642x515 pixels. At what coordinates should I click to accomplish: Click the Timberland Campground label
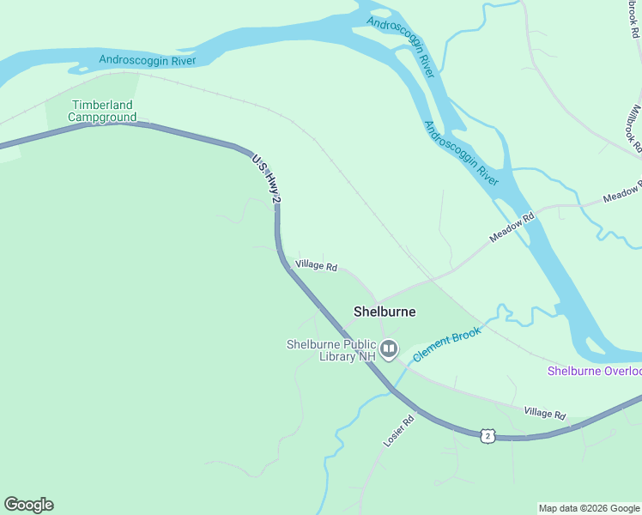[x=102, y=111]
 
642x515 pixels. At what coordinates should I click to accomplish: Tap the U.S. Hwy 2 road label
[x=266, y=179]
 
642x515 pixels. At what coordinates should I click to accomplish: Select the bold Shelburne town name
[x=385, y=312]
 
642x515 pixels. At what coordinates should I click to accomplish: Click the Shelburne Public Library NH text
[x=331, y=350]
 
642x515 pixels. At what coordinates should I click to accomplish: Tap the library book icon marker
[x=389, y=348]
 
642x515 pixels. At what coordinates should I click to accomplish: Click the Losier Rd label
[x=397, y=431]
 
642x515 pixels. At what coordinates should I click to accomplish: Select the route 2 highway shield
[x=488, y=435]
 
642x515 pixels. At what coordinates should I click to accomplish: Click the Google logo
[x=28, y=505]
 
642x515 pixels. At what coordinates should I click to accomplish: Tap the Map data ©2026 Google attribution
[x=589, y=508]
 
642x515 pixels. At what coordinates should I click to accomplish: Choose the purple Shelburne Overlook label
[x=595, y=371]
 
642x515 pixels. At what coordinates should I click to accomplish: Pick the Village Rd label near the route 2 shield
[x=545, y=414]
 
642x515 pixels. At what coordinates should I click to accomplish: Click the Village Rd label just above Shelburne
[x=316, y=265]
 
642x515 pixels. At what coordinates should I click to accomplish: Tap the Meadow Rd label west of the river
[x=512, y=228]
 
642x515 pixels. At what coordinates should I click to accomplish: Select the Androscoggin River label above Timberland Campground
[x=148, y=60]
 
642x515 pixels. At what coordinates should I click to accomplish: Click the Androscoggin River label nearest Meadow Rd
[x=461, y=154]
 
